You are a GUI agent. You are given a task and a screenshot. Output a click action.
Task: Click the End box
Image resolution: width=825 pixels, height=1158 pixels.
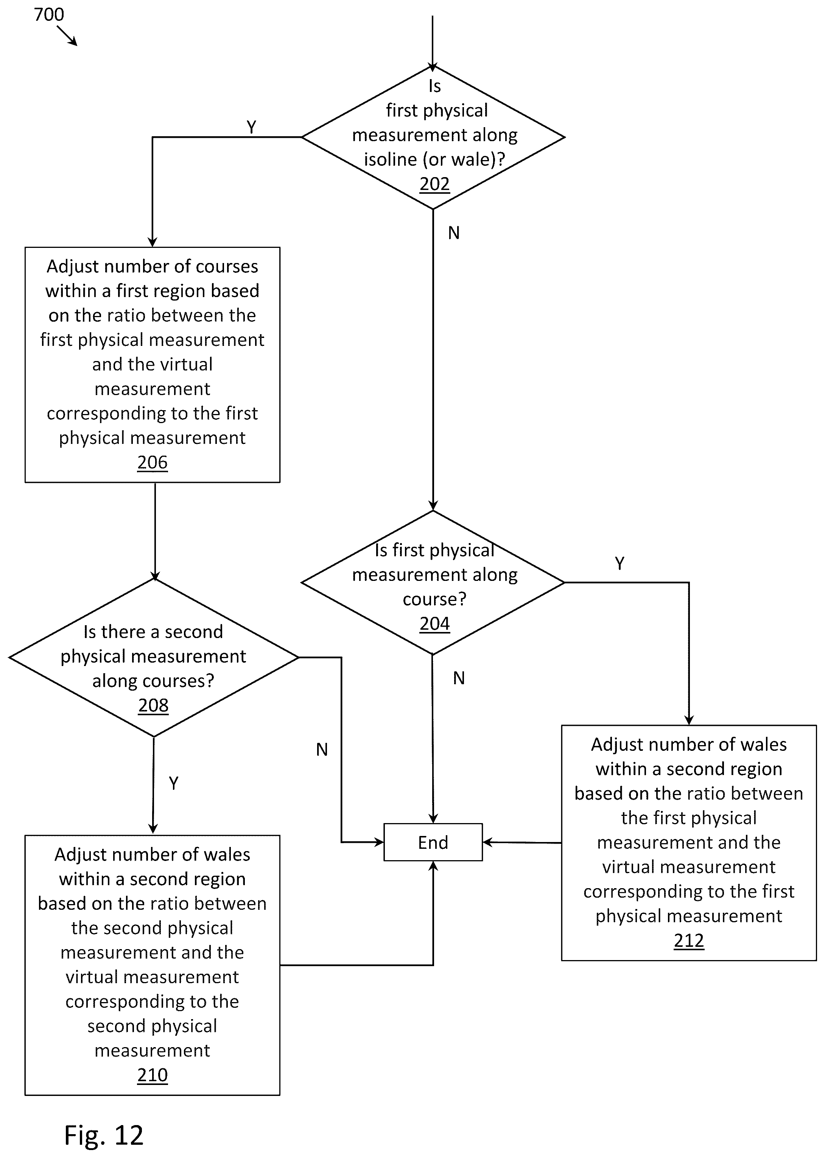(x=433, y=842)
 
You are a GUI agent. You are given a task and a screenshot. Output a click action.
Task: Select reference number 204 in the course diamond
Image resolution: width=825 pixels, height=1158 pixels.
(x=434, y=624)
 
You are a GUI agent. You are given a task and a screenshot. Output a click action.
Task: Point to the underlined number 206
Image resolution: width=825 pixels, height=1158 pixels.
(x=153, y=462)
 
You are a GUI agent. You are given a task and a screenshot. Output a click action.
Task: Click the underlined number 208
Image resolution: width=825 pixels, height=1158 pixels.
(x=153, y=705)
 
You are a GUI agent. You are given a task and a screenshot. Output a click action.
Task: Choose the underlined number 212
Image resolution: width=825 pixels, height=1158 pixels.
(x=689, y=941)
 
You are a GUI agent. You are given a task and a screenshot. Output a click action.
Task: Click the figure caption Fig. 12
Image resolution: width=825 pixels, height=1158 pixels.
(x=104, y=1135)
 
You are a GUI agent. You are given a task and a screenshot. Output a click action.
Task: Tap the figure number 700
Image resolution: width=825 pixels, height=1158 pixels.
(x=49, y=14)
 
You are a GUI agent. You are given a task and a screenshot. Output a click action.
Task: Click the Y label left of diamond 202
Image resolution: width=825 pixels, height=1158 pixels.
(x=251, y=127)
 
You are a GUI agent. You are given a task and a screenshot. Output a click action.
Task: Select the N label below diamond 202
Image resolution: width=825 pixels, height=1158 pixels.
(x=454, y=233)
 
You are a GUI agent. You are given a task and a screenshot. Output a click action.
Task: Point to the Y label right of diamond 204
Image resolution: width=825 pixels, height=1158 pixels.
(x=619, y=563)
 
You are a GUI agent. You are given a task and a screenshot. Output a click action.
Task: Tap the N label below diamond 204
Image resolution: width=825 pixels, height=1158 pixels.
(x=459, y=678)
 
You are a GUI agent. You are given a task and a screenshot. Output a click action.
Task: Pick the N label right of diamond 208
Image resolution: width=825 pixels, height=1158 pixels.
(x=322, y=750)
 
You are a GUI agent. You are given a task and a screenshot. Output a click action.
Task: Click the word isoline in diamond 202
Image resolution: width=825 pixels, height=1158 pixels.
(x=390, y=159)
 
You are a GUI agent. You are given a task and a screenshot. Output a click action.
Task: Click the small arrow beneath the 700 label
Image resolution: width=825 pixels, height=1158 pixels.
(x=67, y=36)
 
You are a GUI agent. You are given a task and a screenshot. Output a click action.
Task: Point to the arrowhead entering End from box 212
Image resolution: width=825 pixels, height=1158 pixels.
(x=487, y=842)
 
